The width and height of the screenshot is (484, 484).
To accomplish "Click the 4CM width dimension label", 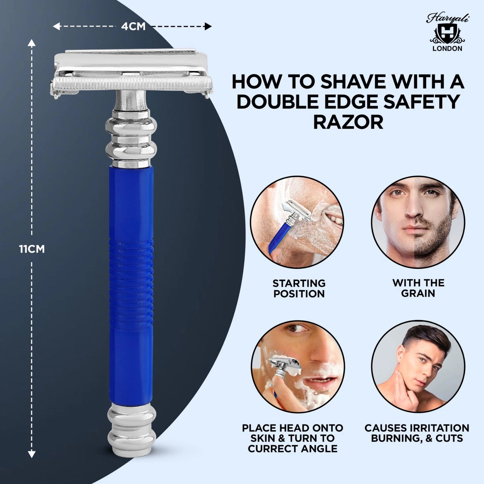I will coord(133,26).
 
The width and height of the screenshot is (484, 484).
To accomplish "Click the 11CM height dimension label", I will coord(32,249).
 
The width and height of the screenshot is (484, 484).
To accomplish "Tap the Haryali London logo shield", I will coord(447,33).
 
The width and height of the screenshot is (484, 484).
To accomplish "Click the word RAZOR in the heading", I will coord(348,122).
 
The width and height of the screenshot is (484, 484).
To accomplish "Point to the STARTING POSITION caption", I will coord(299,288).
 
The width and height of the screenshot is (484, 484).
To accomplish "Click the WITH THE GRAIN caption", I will coord(418,288).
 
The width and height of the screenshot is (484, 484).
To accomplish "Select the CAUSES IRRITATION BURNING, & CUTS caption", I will coord(417,433).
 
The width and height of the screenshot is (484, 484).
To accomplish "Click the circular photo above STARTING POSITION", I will coord(297,222).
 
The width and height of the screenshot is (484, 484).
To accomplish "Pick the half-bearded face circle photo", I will coord(418,222).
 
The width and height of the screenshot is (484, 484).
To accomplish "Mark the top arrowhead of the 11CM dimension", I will coord(31,43).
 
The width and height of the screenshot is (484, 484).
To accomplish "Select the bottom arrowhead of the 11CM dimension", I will coord(31,454).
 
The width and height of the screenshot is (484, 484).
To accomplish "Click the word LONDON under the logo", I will coord(447,49).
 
